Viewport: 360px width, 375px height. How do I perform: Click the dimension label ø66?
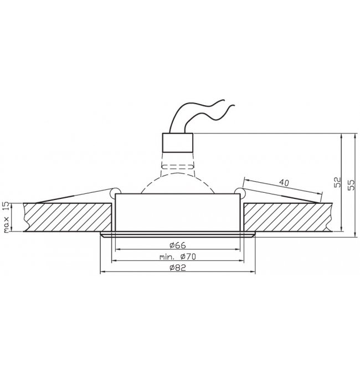[x=177, y=245]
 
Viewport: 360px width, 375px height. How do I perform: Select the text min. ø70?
[x=177, y=256]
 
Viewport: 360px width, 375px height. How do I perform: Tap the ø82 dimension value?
[x=177, y=268]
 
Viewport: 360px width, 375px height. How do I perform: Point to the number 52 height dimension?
[x=337, y=182]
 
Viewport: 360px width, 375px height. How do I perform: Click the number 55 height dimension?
[x=351, y=184]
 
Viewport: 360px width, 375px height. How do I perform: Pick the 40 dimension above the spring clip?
[x=284, y=183]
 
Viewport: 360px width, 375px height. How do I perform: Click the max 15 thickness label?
[x=7, y=217]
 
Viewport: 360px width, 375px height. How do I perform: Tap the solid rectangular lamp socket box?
[x=178, y=142]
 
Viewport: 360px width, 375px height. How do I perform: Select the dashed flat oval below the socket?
[x=177, y=167]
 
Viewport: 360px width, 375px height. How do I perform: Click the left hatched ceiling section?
[x=68, y=217]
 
